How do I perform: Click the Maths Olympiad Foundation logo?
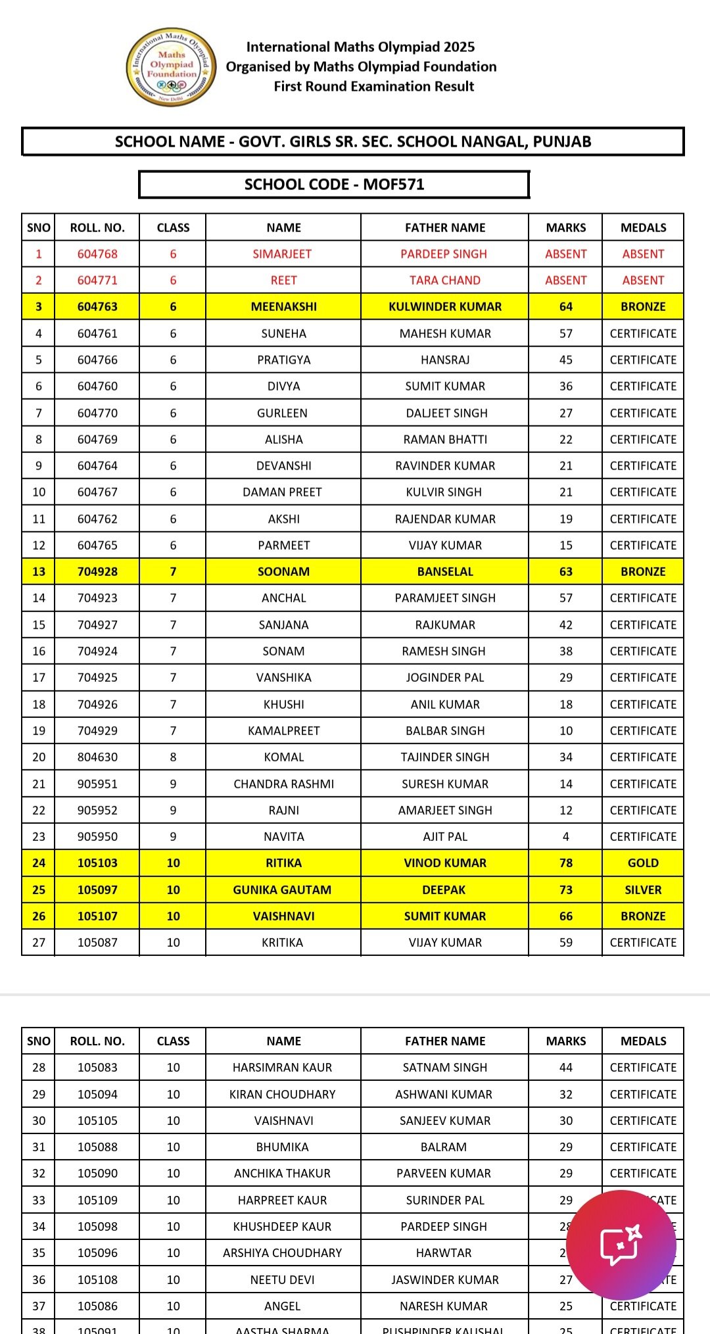(171, 67)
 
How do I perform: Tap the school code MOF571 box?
(334, 184)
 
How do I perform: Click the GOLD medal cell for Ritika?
(643, 863)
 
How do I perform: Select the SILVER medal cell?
(643, 890)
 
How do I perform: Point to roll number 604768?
(97, 254)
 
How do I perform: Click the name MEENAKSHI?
(283, 306)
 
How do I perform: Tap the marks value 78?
(565, 863)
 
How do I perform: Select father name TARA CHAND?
(444, 280)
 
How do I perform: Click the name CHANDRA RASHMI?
(283, 784)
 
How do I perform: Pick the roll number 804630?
(97, 757)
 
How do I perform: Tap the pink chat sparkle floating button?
(621, 1245)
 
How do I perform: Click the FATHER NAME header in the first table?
(444, 227)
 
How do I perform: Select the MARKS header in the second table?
(565, 1041)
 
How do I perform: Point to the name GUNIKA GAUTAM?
(282, 890)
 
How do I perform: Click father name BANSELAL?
(444, 571)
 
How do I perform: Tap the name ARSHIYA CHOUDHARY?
(282, 1252)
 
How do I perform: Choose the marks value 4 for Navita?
(565, 836)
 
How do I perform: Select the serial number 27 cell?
(39, 942)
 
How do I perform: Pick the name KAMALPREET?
(283, 730)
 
